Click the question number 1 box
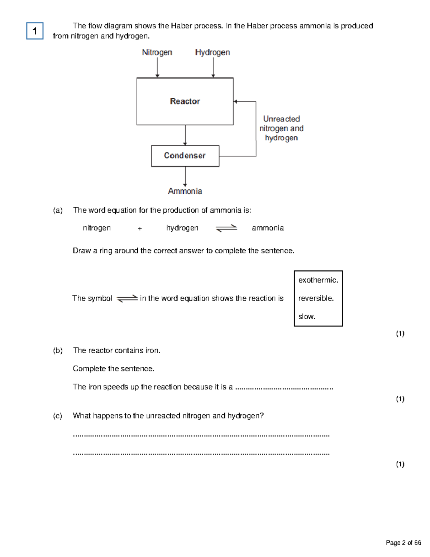(x=35, y=31)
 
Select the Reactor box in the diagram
(x=185, y=102)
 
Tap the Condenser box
(x=185, y=156)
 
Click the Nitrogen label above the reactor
(x=157, y=52)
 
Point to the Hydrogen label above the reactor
(x=212, y=52)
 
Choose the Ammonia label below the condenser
(x=185, y=191)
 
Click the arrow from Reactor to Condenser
(x=185, y=135)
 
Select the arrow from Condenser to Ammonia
(x=185, y=176)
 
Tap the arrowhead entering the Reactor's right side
(x=235, y=102)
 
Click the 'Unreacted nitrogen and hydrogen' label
(x=281, y=128)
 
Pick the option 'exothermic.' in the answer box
(x=318, y=280)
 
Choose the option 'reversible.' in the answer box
(x=316, y=298)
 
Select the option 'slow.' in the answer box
(x=307, y=317)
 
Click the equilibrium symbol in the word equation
(x=226, y=228)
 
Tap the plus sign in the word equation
(x=140, y=228)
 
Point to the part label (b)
(x=58, y=350)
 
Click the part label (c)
(x=58, y=416)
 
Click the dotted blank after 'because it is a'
(x=284, y=388)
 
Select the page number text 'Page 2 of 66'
(x=403, y=543)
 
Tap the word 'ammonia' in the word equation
(x=268, y=228)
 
